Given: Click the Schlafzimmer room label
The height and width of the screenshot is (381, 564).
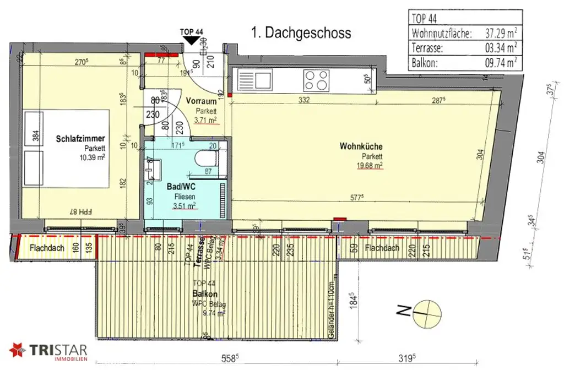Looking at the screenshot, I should [x=80, y=139].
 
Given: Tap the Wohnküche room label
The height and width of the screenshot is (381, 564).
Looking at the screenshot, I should [x=361, y=146].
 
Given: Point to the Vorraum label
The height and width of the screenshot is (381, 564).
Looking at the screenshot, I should [x=200, y=101].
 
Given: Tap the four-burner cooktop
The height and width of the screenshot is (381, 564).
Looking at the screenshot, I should [x=317, y=80].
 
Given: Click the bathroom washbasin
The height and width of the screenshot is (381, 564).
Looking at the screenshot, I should [x=150, y=167].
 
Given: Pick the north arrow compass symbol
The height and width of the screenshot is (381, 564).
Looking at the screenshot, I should [x=426, y=312].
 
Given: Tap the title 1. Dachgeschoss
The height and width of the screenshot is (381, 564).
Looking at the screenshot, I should [x=301, y=33].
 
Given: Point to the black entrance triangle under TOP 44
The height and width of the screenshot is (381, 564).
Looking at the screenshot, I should [x=191, y=40].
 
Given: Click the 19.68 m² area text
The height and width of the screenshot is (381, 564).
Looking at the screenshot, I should [x=370, y=165].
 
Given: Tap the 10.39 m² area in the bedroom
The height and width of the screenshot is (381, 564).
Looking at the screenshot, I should [x=91, y=157].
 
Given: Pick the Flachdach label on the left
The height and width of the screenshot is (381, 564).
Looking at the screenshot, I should [x=47, y=248].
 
